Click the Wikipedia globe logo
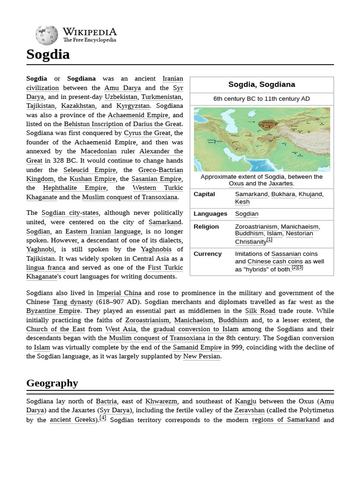[46, 36]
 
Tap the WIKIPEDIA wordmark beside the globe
[90, 32]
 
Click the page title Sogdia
[48, 54]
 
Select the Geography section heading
[52, 383]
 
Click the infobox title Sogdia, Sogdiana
[262, 85]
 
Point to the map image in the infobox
[262, 139]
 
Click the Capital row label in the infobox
[204, 194]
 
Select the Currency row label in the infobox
[208, 254]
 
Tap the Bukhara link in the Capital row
[283, 194]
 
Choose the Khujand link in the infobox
[310, 194]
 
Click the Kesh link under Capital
[242, 202]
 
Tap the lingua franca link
[46, 268]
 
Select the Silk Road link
[261, 311]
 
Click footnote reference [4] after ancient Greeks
[103, 418]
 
